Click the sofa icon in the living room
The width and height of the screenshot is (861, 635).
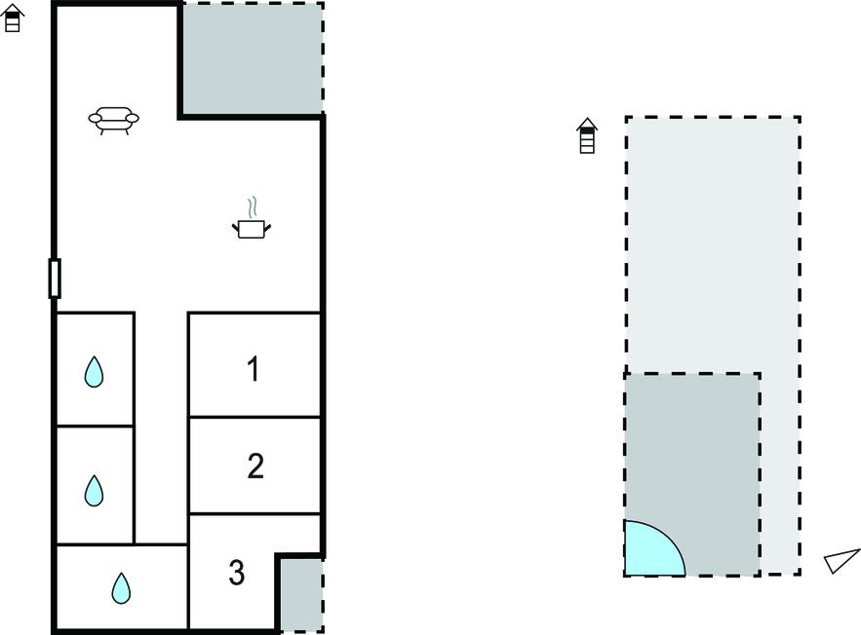(114, 120)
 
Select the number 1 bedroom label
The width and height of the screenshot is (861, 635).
(253, 368)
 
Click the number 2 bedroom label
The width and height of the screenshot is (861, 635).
(255, 467)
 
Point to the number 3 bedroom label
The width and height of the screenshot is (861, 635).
(237, 573)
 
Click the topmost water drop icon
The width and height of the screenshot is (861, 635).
(94, 372)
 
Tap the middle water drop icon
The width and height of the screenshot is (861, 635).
(94, 490)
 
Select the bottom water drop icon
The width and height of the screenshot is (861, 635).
(121, 588)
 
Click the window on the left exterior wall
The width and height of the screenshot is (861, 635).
(55, 278)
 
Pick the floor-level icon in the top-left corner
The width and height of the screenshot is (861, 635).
(12, 19)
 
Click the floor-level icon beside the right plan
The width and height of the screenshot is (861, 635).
(587, 135)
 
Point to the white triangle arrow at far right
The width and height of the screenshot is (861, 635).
(841, 561)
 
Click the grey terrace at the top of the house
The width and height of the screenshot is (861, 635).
(252, 58)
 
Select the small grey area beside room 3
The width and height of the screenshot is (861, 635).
(301, 595)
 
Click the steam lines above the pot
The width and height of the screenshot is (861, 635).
(253, 207)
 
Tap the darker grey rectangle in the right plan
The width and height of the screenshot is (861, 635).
(692, 475)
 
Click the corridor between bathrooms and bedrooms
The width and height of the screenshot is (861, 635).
(161, 428)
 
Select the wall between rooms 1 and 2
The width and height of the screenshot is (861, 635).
(254, 417)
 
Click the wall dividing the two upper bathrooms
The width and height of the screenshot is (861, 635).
(95, 426)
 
